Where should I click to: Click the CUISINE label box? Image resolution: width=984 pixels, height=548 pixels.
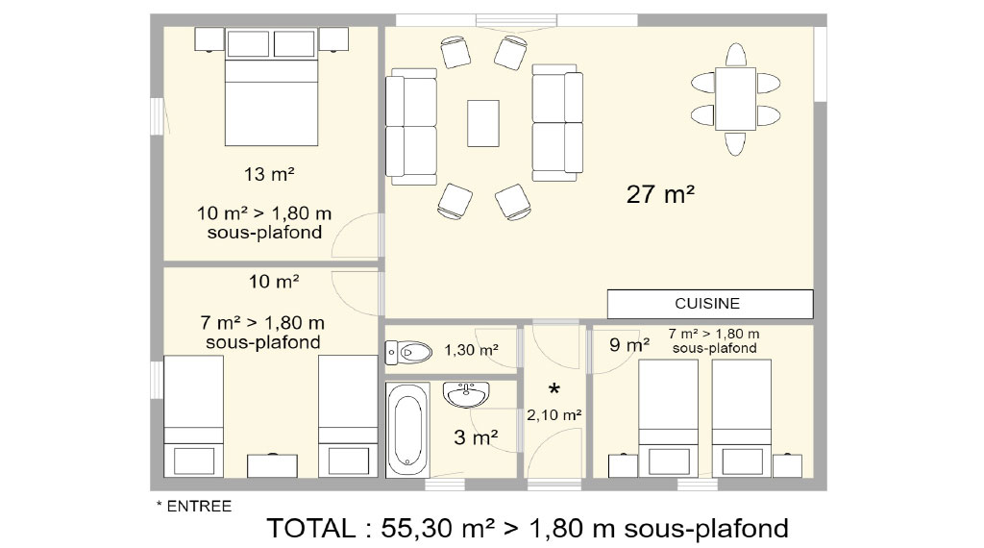click(x=710, y=304)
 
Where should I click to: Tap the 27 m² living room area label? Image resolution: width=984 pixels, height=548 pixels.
click(x=660, y=194)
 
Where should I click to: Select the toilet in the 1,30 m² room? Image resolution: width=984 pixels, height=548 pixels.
click(x=408, y=352)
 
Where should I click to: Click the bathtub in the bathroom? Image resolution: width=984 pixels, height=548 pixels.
click(x=407, y=430)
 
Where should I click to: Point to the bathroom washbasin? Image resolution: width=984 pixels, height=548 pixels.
click(x=466, y=394)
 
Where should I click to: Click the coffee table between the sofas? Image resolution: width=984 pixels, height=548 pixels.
click(x=483, y=123)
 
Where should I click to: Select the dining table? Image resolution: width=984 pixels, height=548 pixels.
click(x=735, y=99)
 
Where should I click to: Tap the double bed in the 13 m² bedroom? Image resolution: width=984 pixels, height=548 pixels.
click(x=271, y=87)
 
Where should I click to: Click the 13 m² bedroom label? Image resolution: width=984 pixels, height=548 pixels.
click(x=269, y=174)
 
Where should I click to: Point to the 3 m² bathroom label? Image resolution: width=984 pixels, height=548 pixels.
click(x=476, y=436)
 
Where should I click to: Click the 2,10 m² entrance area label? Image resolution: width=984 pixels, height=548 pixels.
click(x=554, y=415)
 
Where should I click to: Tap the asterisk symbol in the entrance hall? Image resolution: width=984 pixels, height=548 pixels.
click(x=554, y=389)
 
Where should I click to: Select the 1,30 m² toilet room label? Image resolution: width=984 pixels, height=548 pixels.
click(x=471, y=350)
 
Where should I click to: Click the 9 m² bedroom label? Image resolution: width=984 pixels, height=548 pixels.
click(x=629, y=344)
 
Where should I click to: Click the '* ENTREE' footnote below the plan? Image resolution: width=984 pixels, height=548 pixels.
click(x=194, y=506)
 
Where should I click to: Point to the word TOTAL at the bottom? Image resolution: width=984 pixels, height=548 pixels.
click(x=311, y=528)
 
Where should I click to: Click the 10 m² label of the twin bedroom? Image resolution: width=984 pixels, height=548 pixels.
click(x=274, y=282)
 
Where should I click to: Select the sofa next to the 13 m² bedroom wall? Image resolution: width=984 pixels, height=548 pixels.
click(x=411, y=127)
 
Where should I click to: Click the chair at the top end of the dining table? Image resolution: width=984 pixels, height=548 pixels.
click(x=735, y=55)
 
